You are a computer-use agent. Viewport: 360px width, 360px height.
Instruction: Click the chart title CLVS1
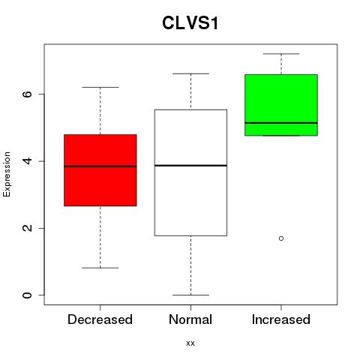coord(190,23)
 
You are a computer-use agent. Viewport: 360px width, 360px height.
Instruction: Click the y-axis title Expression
coord(7,174)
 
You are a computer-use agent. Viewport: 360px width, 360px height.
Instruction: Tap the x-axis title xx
coord(190,343)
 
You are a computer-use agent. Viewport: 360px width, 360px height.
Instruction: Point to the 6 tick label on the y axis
coord(27,94)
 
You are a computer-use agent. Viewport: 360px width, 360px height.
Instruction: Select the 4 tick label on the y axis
coord(27,161)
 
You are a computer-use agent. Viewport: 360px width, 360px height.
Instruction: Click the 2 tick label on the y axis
coord(27,228)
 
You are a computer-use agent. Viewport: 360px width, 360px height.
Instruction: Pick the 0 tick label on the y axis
coord(27,295)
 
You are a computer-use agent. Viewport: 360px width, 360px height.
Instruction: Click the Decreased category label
coord(100,319)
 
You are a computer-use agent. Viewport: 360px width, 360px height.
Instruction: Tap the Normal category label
coord(190,319)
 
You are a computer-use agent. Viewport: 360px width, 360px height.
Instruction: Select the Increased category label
coord(281,319)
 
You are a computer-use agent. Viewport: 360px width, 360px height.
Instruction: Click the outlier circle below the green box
coord(281,238)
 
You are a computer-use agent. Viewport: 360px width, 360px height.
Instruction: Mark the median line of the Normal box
coord(190,166)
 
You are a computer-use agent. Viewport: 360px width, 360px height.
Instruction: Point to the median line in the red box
coord(100,166)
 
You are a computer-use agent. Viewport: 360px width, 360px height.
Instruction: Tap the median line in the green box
coord(281,123)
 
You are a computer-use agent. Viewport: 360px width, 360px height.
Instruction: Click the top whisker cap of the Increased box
coord(281,54)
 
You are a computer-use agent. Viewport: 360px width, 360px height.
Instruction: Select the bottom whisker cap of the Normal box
coord(190,295)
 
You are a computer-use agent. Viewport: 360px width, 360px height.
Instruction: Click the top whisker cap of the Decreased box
coord(100,87)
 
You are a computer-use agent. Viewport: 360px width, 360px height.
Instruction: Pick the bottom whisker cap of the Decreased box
coord(100,268)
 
